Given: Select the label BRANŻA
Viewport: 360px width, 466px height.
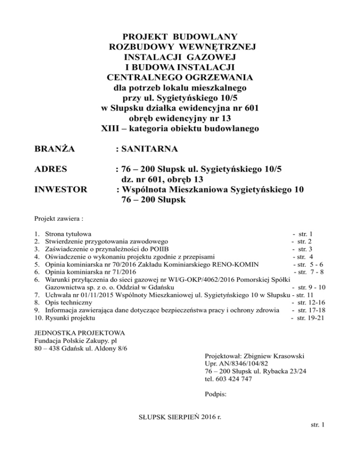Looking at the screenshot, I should [55, 150].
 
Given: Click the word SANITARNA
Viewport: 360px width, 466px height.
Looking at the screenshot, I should [150, 150].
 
